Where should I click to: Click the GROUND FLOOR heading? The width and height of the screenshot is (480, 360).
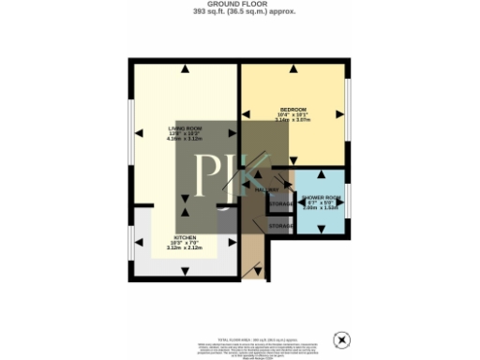coord(239,5)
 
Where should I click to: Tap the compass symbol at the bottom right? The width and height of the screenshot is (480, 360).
coord(344,337)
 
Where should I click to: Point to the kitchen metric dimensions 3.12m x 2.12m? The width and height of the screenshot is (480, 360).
coord(183,249)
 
